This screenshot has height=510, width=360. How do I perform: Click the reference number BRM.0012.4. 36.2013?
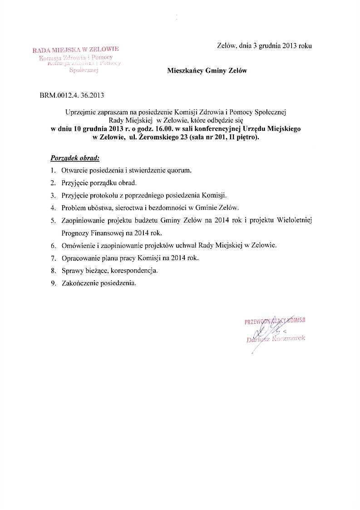tap(72, 95)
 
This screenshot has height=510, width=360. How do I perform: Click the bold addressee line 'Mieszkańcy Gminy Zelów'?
tap(207, 71)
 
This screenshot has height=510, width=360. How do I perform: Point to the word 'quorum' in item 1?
tap(182, 171)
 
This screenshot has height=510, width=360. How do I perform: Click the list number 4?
tap(53, 208)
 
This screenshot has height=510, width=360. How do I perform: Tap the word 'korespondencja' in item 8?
tap(135, 271)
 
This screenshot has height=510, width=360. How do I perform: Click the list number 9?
tap(53, 283)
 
